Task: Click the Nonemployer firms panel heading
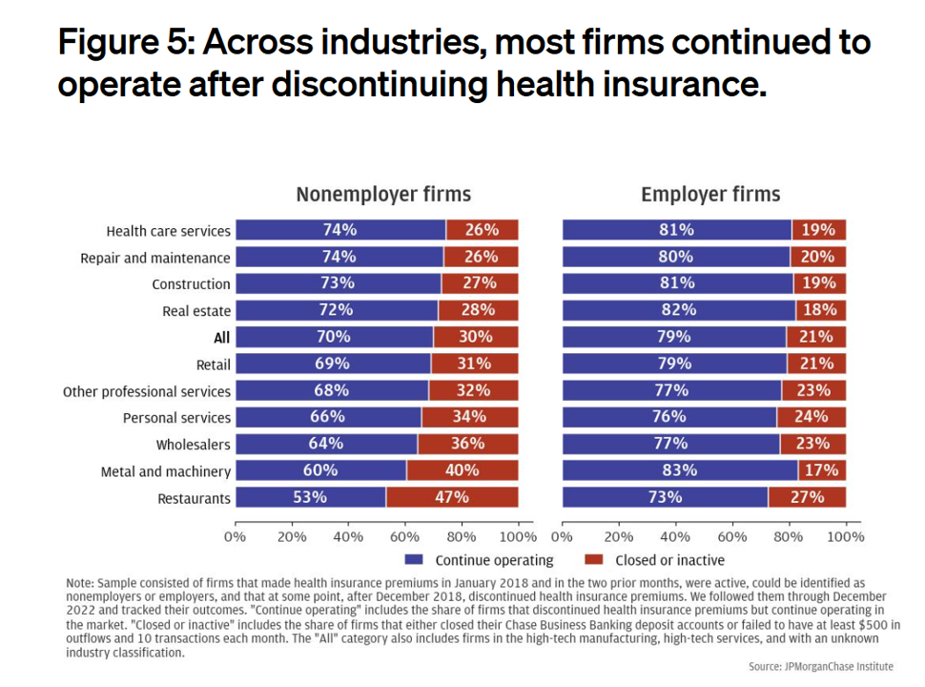coord(383,195)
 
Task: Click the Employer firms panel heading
coord(710,195)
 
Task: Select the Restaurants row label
coord(195,498)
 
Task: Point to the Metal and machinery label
coord(166,471)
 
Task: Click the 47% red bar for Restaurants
coord(452,497)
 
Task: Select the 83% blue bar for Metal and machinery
coord(680,470)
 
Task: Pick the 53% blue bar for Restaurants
coord(311,497)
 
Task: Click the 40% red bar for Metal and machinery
coord(462,470)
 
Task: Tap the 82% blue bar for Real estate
coord(678,310)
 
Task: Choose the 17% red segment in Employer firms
coord(821,470)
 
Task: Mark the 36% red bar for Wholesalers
coord(467,444)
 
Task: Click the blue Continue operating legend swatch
coord(414,560)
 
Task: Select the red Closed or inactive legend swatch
coord(593,560)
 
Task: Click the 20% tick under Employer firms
coord(619,536)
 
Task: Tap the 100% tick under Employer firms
coord(844,536)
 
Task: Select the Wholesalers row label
coord(194,445)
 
